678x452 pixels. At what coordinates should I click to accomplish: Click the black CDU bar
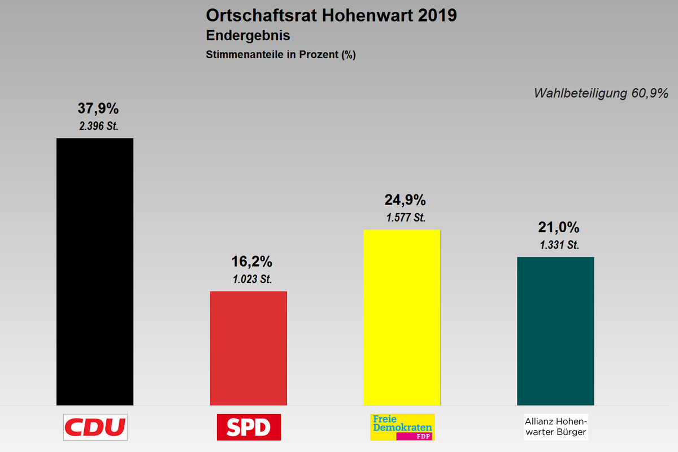pyautogui.click(x=95, y=271)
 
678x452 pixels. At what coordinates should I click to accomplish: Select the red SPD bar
pyautogui.click(x=249, y=348)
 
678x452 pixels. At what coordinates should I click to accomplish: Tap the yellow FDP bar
pyautogui.click(x=402, y=317)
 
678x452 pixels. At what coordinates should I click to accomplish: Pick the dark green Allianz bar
pyautogui.click(x=555, y=331)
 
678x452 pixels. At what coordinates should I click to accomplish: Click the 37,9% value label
pyautogui.click(x=98, y=108)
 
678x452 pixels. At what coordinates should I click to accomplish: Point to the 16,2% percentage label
pyautogui.click(x=252, y=262)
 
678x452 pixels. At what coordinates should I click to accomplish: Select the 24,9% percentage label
pyautogui.click(x=405, y=200)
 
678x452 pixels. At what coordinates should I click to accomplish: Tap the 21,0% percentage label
pyautogui.click(x=559, y=228)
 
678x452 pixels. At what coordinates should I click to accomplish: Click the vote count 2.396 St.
pyautogui.click(x=99, y=126)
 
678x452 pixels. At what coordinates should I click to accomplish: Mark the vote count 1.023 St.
pyautogui.click(x=252, y=279)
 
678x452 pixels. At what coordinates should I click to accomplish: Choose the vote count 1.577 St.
pyautogui.click(x=405, y=217)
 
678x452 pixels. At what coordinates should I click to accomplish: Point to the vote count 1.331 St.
pyautogui.click(x=559, y=245)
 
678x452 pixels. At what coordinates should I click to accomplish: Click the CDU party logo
pyautogui.click(x=95, y=427)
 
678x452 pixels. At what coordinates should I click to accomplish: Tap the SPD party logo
pyautogui.click(x=249, y=427)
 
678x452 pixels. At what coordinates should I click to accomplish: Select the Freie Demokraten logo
pyautogui.click(x=402, y=427)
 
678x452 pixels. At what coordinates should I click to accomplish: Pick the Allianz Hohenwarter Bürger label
pyautogui.click(x=556, y=427)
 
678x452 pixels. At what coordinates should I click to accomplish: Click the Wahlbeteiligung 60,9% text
pyautogui.click(x=601, y=93)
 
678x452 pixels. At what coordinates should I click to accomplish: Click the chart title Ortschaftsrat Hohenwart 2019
pyautogui.click(x=332, y=15)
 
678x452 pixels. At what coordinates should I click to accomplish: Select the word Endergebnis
pyautogui.click(x=248, y=36)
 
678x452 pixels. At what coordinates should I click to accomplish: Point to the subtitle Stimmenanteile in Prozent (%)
pyautogui.click(x=280, y=55)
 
